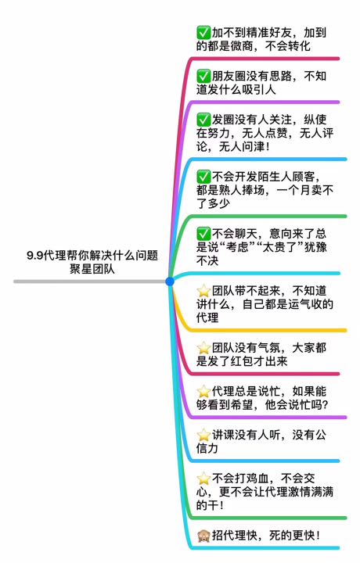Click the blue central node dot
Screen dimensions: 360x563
[x=170, y=281]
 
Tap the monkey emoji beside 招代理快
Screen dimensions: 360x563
[x=203, y=536]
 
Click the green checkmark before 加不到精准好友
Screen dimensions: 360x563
[x=203, y=33]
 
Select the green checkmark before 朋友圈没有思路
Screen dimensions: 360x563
[x=203, y=76]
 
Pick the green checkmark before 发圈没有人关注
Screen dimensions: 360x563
[x=203, y=119]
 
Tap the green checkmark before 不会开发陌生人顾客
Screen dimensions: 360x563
[x=203, y=177]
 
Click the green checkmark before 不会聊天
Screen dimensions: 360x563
[x=203, y=234]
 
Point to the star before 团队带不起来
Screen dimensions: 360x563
[x=203, y=290]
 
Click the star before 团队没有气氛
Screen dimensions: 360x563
[x=203, y=347]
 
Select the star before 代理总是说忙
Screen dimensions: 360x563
[x=203, y=391]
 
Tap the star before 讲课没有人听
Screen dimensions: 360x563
[x=203, y=435]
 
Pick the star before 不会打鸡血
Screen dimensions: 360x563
[x=203, y=479]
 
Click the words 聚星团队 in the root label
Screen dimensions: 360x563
[x=92, y=269]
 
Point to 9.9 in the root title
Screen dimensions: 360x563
[x=35, y=256]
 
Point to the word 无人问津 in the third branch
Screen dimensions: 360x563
[x=242, y=146]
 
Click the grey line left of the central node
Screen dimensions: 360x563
[x=90, y=281]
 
